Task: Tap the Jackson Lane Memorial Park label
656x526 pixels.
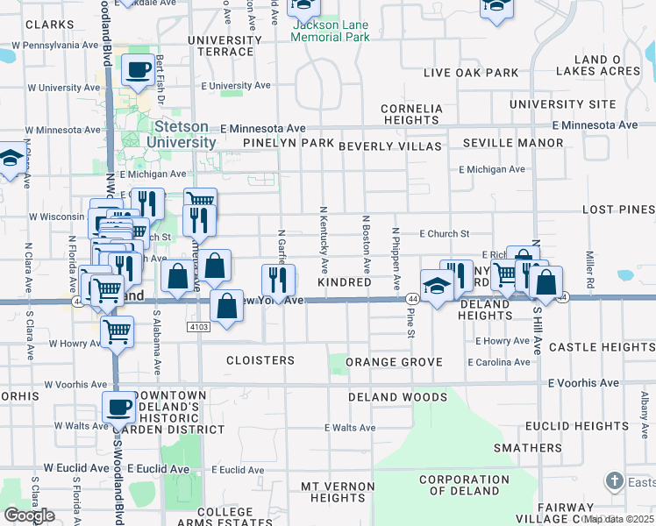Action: tap(330, 32)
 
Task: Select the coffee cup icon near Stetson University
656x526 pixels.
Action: tap(138, 70)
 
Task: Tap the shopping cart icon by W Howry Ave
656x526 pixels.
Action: tap(117, 332)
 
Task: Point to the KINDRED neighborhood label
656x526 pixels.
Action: tap(344, 283)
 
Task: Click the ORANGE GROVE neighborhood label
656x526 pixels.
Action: tap(390, 362)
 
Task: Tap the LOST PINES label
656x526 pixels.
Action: tap(619, 210)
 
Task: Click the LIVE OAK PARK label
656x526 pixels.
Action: tap(471, 73)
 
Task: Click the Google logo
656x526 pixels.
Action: tap(29, 515)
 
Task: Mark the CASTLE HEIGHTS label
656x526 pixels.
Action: tap(602, 348)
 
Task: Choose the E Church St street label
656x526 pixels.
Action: tap(445, 234)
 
